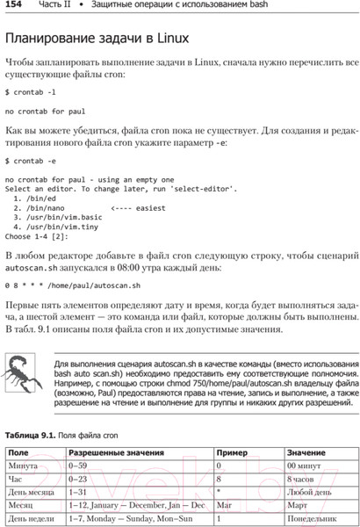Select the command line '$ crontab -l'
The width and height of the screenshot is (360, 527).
click(x=32, y=91)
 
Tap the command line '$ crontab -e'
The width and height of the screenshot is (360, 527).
click(x=32, y=161)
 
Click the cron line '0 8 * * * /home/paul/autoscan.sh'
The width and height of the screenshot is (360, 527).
click(x=72, y=285)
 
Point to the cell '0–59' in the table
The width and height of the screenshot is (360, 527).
click(x=80, y=466)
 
